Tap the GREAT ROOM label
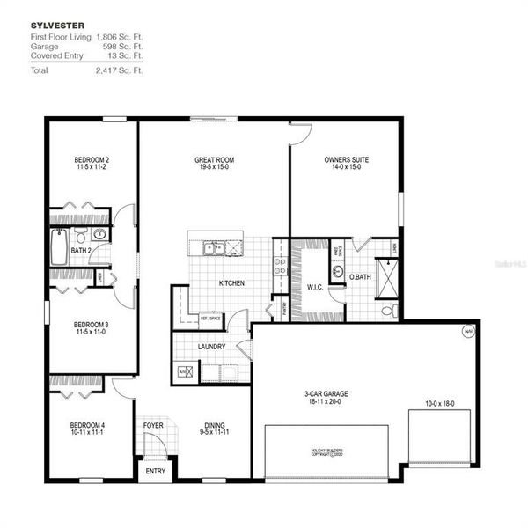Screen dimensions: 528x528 point(214,160)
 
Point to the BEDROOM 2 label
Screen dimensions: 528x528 point(92,160)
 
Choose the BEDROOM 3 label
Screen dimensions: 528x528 point(92,325)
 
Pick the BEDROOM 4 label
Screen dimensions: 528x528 point(88,426)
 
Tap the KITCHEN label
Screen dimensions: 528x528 point(231,283)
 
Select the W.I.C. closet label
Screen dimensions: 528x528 point(316,286)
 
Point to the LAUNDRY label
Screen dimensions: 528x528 point(211,347)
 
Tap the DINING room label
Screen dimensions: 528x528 point(213,426)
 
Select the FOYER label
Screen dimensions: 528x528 point(154,426)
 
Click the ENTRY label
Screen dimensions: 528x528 point(154,472)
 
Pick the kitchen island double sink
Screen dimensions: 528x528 point(213,249)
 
